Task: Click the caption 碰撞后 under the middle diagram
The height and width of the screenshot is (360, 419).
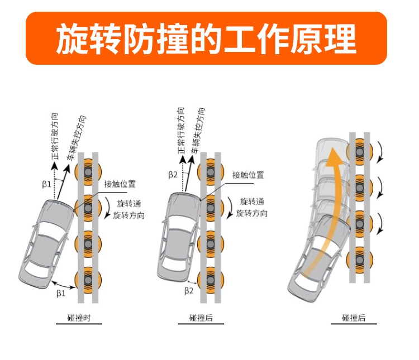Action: (201, 318)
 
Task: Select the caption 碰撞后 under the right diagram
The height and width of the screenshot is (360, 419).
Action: (354, 318)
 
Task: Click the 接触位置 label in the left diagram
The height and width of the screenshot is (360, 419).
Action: (120, 184)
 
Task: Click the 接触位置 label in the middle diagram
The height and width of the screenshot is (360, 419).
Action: (248, 175)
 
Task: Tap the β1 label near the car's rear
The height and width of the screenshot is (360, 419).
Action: (61, 292)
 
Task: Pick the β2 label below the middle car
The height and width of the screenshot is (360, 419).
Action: (189, 290)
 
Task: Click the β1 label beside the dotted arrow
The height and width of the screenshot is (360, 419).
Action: (47, 183)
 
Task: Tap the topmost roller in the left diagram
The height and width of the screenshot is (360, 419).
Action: (88, 170)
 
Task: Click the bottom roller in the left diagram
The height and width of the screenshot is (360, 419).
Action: (88, 278)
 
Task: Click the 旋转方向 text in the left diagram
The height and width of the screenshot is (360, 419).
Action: (128, 215)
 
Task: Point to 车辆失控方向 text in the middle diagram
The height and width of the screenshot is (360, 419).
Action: (198, 124)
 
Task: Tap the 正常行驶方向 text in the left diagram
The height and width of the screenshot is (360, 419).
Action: (54, 135)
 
